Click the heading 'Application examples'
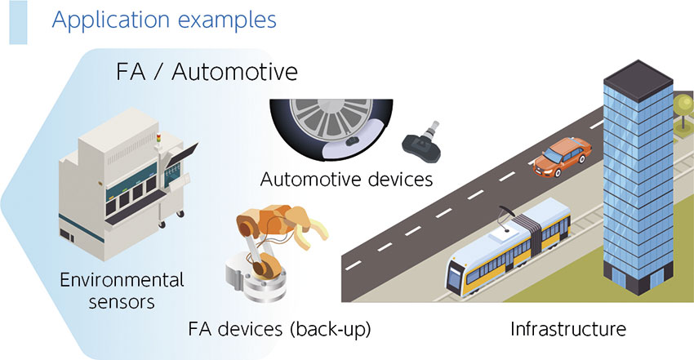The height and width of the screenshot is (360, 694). point(164,20)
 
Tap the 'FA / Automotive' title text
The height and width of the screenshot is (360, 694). point(207,72)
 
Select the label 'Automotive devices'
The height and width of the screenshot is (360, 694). point(346,180)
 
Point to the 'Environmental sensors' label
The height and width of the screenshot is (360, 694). point(122,291)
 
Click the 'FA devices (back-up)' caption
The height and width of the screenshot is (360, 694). point(279,329)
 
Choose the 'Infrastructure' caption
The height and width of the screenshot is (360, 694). point(568,329)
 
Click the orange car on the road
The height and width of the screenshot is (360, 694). point(562,157)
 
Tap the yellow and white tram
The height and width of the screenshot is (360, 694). point(508,248)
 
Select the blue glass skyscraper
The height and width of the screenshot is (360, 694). point(638,177)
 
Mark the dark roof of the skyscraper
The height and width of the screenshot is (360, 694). point(638,78)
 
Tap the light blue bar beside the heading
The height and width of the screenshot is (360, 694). point(18,22)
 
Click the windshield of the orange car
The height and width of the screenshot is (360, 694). point(553,156)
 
